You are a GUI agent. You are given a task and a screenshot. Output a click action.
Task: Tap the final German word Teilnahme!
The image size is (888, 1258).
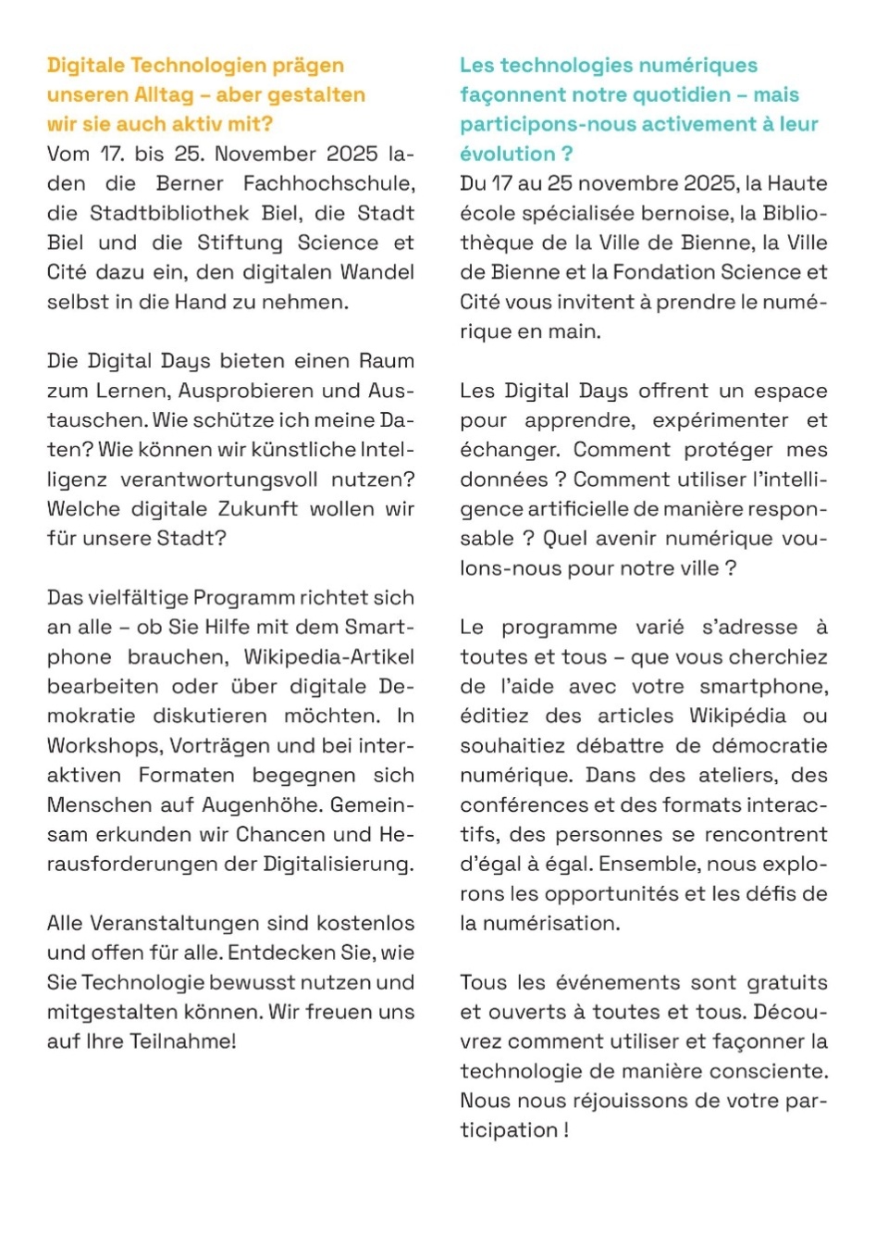[x=182, y=1041]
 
